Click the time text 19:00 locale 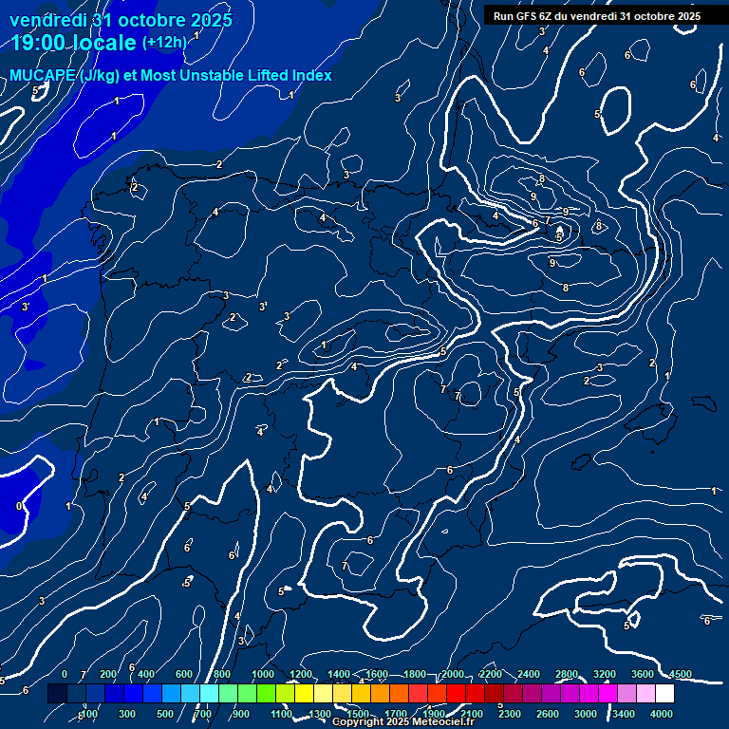click(74, 43)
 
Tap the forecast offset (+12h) click(164, 43)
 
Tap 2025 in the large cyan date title click(202, 20)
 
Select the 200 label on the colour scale click(107, 674)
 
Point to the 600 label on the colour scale click(184, 674)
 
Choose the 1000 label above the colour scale click(263, 674)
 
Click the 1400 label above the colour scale click(339, 674)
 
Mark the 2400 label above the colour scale click(529, 674)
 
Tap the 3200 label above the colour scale click(605, 674)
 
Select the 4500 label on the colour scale click(680, 674)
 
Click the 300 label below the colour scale click(126, 714)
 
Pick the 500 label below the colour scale click(164, 714)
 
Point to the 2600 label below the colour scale click(548, 714)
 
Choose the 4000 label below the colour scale click(662, 714)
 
